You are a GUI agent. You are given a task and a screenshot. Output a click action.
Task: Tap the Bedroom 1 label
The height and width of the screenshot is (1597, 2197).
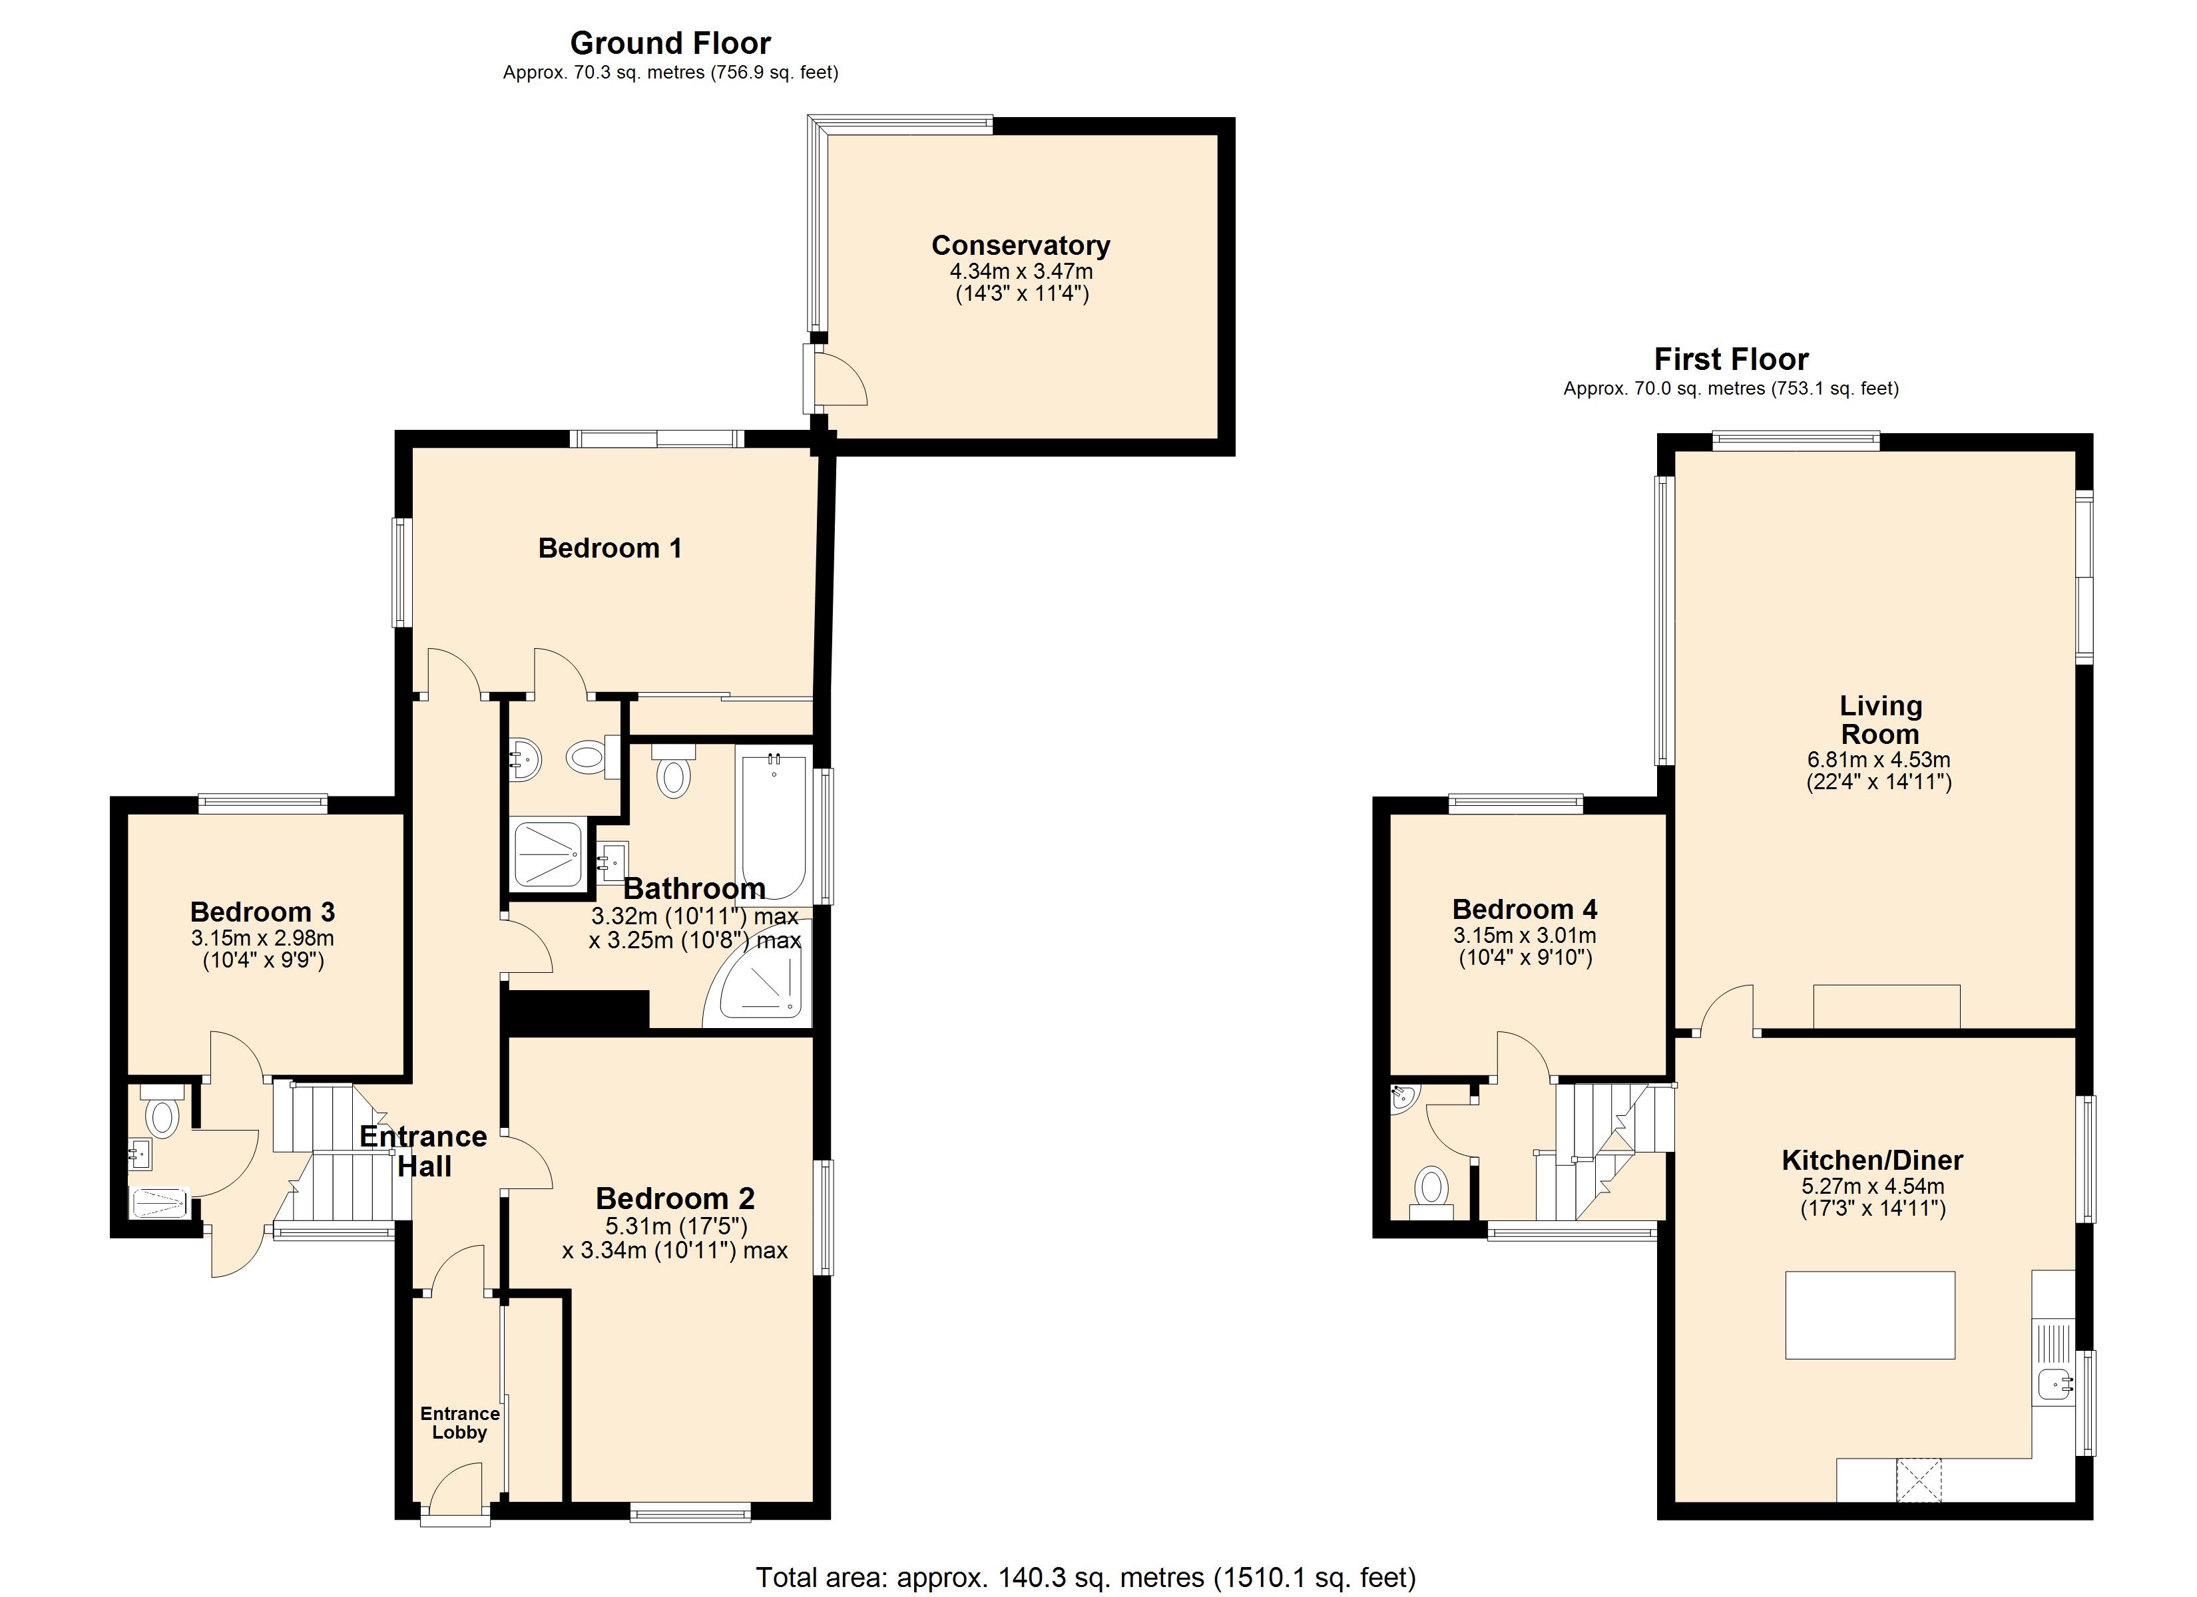[610, 548]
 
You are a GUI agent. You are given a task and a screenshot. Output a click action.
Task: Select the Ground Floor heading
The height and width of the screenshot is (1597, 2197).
[670, 43]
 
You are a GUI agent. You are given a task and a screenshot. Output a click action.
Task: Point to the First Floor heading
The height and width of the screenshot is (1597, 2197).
[1731, 359]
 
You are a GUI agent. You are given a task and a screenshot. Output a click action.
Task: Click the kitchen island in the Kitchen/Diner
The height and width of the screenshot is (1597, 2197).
[1869, 1314]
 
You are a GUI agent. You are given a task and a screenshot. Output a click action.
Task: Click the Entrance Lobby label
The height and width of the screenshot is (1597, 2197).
[460, 1423]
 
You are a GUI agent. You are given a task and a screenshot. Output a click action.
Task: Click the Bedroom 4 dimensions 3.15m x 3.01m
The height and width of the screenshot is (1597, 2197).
[1525, 936]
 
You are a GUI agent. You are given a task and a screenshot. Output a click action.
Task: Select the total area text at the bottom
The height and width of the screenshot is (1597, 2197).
[1086, 1578]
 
